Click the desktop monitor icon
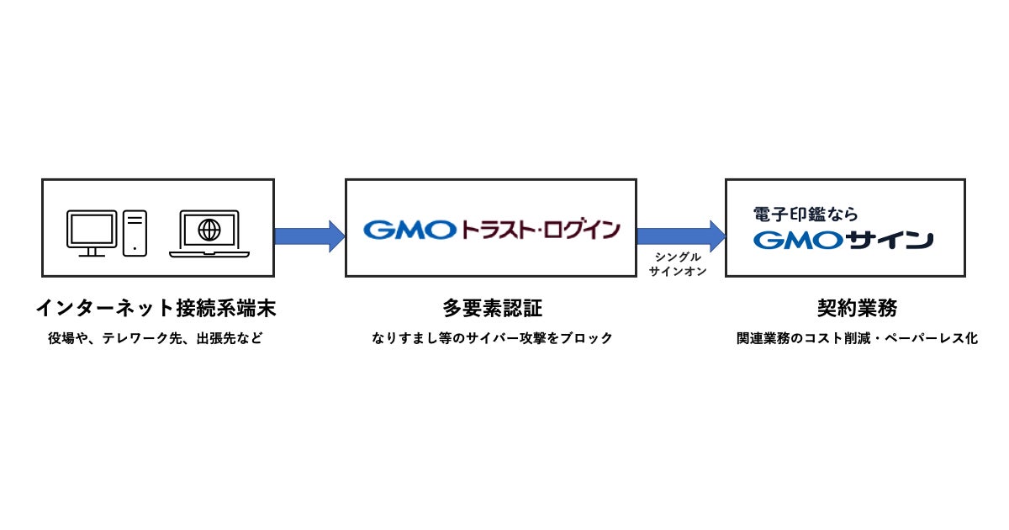pyautogui.click(x=92, y=233)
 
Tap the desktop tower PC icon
pyautogui.click(x=135, y=232)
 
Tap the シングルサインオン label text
pyautogui.click(x=678, y=263)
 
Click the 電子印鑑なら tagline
pyautogui.click(x=806, y=214)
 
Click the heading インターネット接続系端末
pyautogui.click(x=156, y=309)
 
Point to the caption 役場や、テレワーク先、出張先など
pyautogui.click(x=156, y=339)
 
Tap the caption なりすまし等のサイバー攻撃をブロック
pyautogui.click(x=492, y=339)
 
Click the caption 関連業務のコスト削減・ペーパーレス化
pyautogui.click(x=857, y=339)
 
